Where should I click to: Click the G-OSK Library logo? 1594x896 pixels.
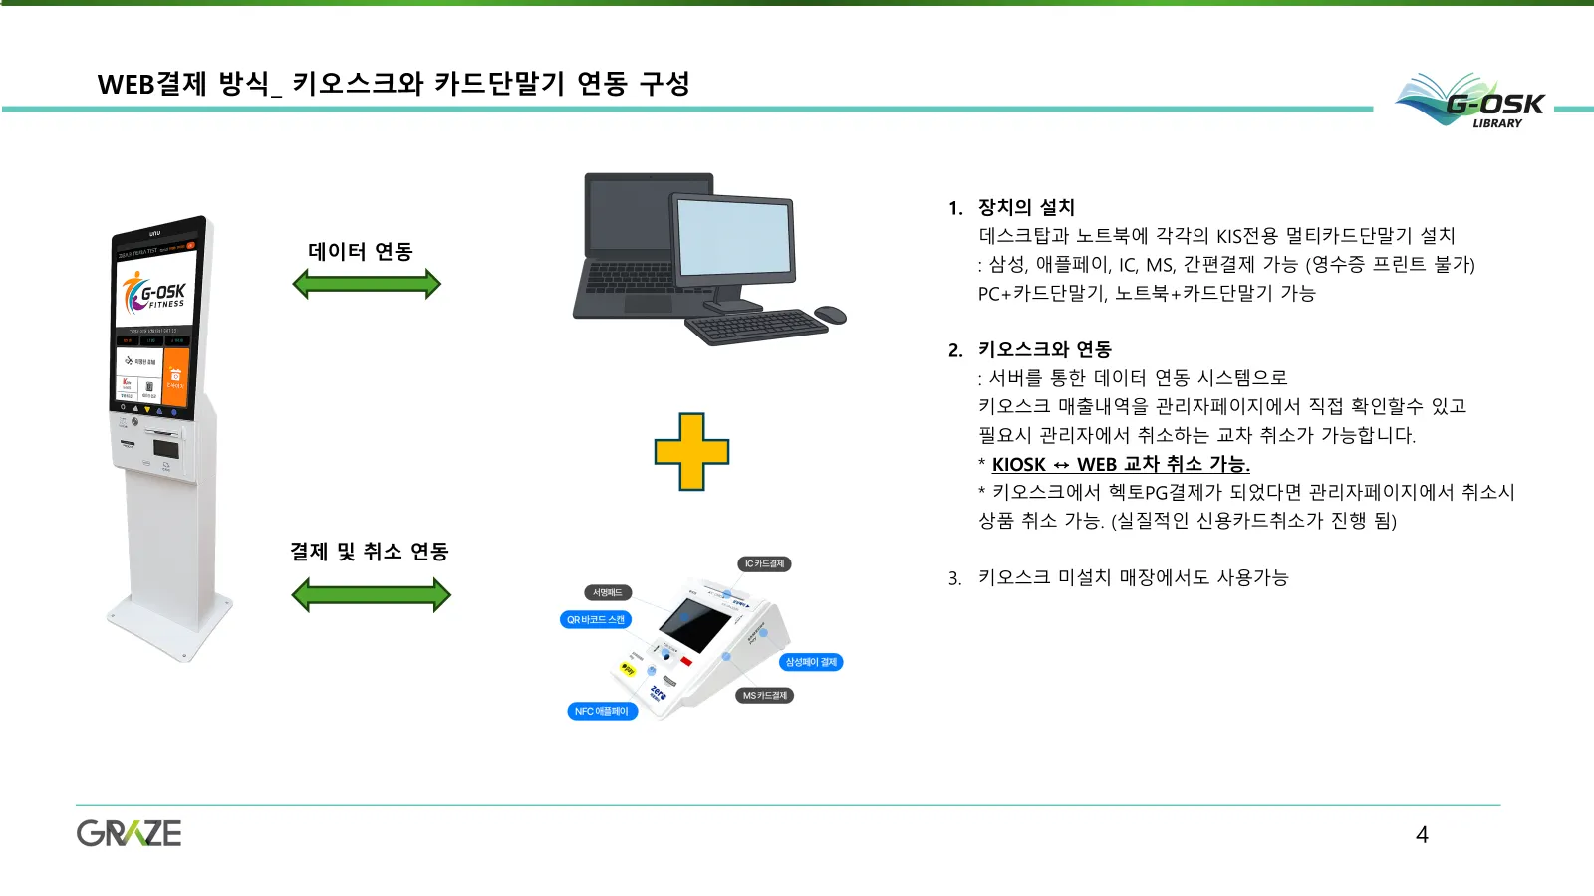point(1471,102)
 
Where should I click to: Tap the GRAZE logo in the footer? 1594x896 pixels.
point(130,833)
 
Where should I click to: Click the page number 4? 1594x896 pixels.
point(1422,834)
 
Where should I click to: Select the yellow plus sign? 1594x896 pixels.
point(691,452)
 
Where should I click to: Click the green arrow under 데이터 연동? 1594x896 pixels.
point(367,285)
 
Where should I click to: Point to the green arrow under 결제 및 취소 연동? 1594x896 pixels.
point(371,595)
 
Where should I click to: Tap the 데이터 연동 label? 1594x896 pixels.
point(360,251)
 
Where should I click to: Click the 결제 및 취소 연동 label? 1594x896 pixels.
point(369,552)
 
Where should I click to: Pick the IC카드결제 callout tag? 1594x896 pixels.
point(764,564)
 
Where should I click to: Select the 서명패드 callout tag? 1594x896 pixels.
point(607,593)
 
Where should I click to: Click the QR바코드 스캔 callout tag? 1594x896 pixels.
point(595,620)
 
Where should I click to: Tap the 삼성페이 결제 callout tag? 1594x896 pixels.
point(811,662)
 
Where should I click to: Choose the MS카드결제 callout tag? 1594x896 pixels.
point(764,696)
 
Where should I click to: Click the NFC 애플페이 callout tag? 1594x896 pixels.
point(601,712)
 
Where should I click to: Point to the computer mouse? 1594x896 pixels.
point(830,316)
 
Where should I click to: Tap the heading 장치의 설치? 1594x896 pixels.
point(1026,208)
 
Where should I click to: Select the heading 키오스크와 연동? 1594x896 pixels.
point(1044,350)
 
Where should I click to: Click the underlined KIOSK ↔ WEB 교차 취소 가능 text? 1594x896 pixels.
point(1121,465)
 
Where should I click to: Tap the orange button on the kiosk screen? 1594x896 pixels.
point(175,375)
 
